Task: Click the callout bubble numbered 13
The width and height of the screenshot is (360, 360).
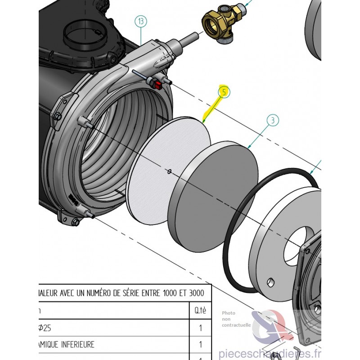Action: pyautogui.click(x=141, y=22)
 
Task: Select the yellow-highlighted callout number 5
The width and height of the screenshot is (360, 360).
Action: pyautogui.click(x=224, y=92)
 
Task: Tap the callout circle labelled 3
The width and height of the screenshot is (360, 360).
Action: pyautogui.click(x=272, y=120)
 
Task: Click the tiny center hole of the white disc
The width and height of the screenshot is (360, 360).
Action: pyautogui.click(x=169, y=171)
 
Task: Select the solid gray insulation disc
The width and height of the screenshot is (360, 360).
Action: pyautogui.click(x=214, y=196)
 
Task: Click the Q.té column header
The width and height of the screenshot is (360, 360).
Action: pyautogui.click(x=200, y=310)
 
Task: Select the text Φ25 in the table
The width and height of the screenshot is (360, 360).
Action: pyautogui.click(x=45, y=328)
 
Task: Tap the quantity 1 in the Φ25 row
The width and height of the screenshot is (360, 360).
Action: pyautogui.click(x=200, y=328)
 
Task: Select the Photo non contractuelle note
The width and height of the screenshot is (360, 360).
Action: pyautogui.click(x=234, y=318)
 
